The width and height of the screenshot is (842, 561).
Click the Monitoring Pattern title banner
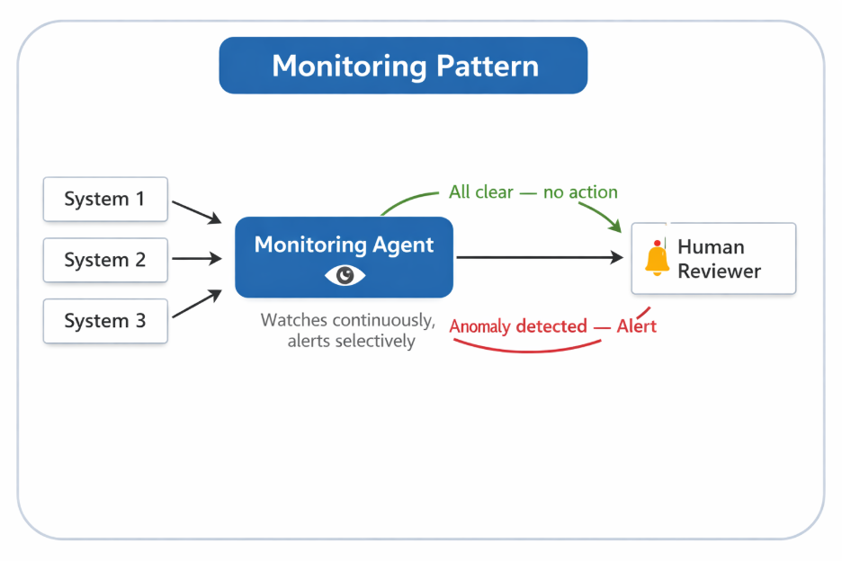[403, 66]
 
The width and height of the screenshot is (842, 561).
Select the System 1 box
[105, 200]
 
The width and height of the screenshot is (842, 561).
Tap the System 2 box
[105, 260]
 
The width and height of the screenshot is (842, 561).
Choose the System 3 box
[105, 321]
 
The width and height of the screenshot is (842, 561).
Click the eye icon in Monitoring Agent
[345, 275]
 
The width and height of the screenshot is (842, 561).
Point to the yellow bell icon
[657, 259]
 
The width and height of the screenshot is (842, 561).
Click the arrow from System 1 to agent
[196, 211]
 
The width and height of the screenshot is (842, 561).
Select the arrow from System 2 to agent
[196, 259]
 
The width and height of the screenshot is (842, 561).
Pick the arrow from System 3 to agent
[196, 304]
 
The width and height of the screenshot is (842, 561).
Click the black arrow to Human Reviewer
[540, 258]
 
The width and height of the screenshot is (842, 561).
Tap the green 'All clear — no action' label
[533, 192]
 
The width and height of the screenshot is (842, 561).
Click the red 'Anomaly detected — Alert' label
[552, 325]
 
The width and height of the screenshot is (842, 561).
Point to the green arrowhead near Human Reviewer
[615, 226]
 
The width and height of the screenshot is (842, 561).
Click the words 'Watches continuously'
[347, 321]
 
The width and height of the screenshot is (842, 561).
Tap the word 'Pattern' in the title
[487, 66]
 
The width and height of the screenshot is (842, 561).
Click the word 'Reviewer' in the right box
[719, 272]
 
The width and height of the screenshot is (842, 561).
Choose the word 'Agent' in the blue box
[402, 245]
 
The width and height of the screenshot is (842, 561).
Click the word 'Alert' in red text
[636, 325]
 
